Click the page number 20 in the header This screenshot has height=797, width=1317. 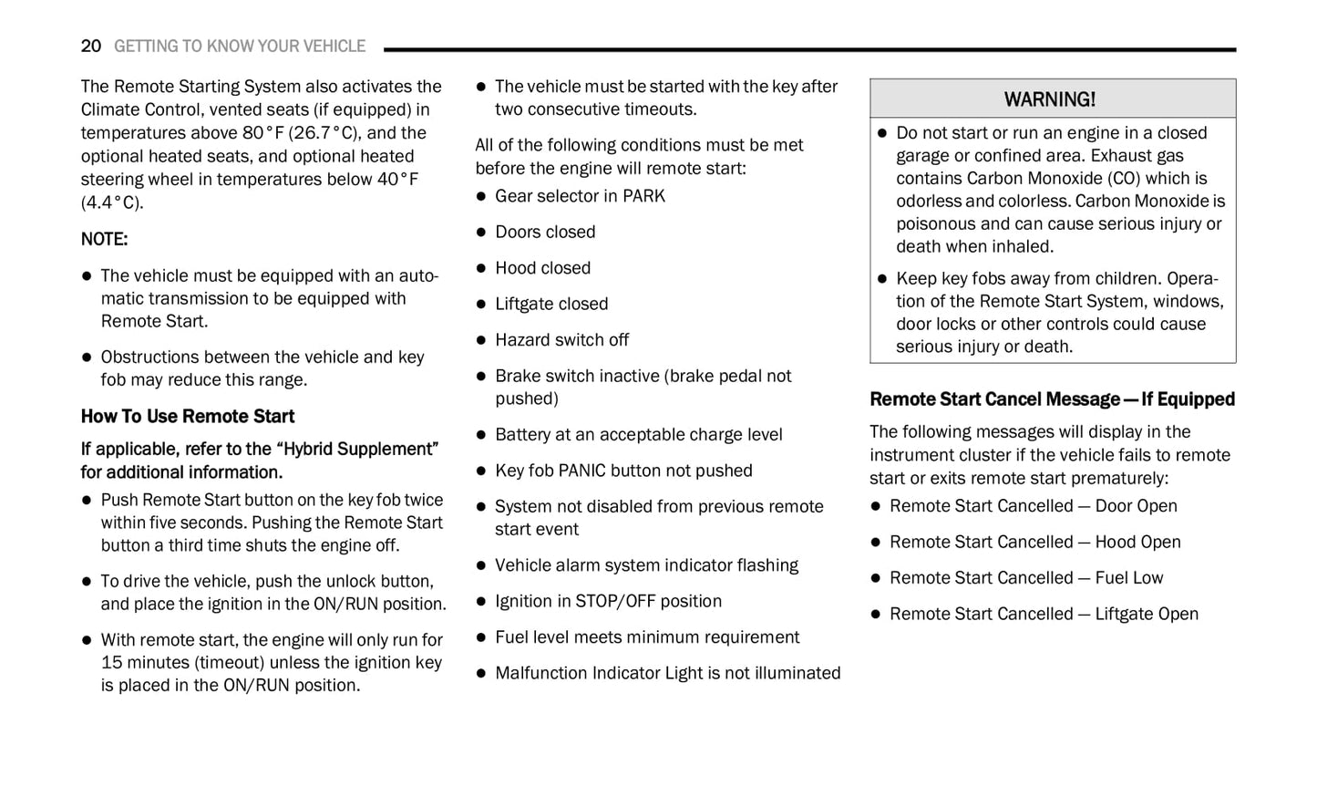90,46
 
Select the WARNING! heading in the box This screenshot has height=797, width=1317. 1050,98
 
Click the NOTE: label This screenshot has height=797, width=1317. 104,239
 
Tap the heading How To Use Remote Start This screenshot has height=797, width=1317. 188,417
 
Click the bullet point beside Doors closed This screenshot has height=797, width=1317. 481,233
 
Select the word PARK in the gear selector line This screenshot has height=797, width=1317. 643,196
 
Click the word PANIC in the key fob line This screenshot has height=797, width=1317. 588,471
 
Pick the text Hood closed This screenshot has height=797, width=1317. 542,268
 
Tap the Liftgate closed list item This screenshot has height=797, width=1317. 551,304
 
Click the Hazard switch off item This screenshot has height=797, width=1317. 561,340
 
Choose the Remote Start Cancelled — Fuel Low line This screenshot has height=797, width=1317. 1026,578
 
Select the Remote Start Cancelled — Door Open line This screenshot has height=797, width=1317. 1033,506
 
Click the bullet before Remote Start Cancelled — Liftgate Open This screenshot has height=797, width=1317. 876,615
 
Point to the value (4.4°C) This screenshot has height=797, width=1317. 112,202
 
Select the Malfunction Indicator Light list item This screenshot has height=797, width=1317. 667,673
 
